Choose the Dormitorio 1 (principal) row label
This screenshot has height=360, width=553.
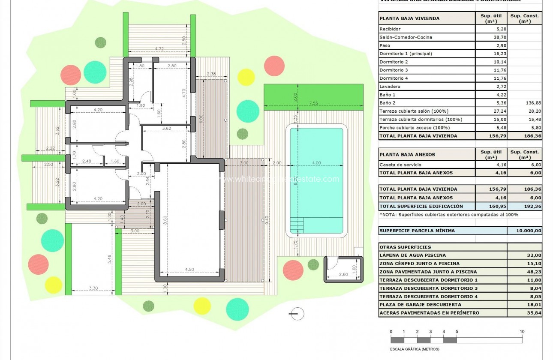406,54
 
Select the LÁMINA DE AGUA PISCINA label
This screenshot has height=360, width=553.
413,255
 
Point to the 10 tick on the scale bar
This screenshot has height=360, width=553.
522,331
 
